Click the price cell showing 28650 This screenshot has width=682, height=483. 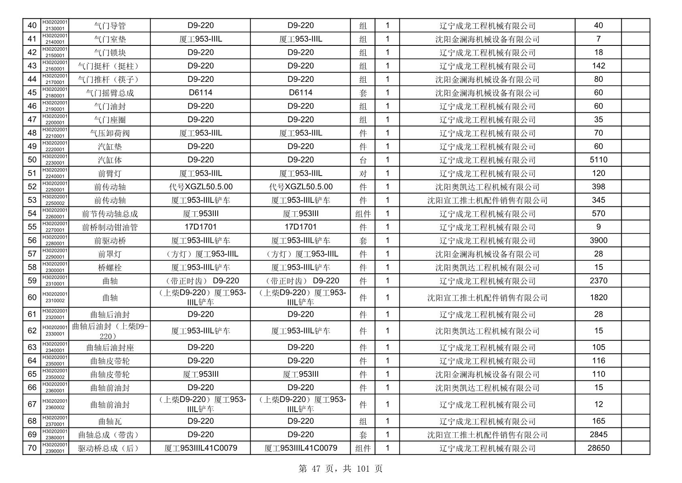pyautogui.click(x=598, y=448)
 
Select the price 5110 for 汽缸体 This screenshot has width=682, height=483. pyautogui.click(x=598, y=160)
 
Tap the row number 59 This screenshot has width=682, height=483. pyautogui.click(x=32, y=281)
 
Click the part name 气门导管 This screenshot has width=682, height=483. pyautogui.click(x=110, y=26)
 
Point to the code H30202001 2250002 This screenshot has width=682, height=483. pyautogui.click(x=55, y=200)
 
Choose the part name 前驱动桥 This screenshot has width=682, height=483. pyautogui.click(x=110, y=240)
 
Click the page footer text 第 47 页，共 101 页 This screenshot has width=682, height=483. pyautogui.click(x=341, y=469)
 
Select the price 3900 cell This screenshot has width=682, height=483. pyautogui.click(x=598, y=240)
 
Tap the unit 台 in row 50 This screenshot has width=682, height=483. pyautogui.click(x=363, y=160)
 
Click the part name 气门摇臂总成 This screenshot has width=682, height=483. pyautogui.click(x=110, y=93)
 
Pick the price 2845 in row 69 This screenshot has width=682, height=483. pyautogui.click(x=598, y=434)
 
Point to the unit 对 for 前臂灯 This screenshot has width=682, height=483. pyautogui.click(x=363, y=173)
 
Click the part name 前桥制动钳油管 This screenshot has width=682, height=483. pyautogui.click(x=110, y=227)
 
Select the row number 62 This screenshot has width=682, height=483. pyautogui.click(x=32, y=331)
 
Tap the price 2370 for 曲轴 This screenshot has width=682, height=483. pyautogui.click(x=598, y=281)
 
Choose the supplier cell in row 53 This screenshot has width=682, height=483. pyautogui.click(x=487, y=200)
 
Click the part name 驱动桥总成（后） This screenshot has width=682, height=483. pyautogui.click(x=110, y=448)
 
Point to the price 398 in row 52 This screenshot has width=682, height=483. pyautogui.click(x=598, y=187)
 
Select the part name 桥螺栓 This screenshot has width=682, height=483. pyautogui.click(x=110, y=267)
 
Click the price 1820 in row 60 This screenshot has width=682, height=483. pyautogui.click(x=598, y=297)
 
